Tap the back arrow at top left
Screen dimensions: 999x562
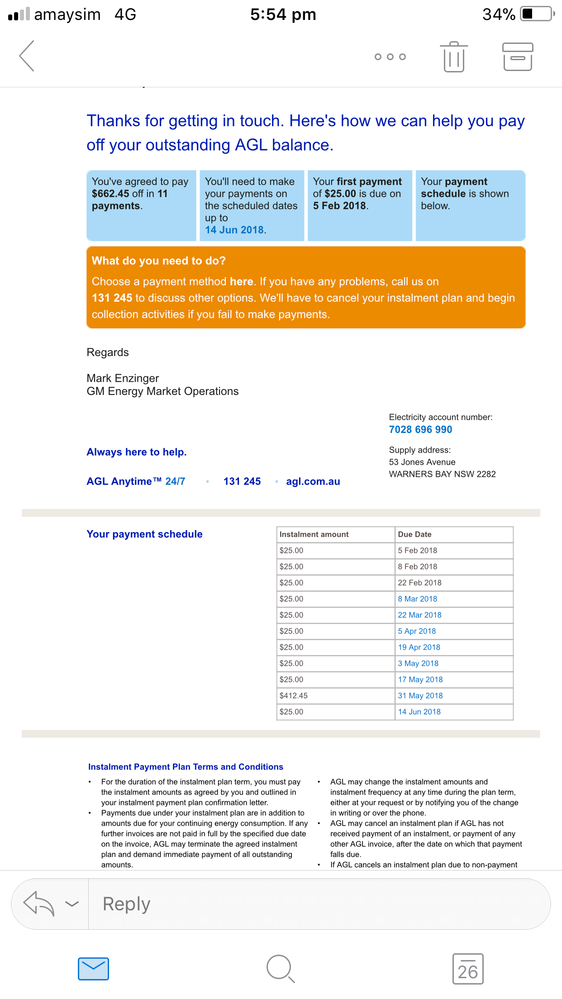[27, 56]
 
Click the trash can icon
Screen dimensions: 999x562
[453, 56]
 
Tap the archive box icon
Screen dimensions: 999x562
[518, 56]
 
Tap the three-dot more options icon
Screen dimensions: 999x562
[390, 57]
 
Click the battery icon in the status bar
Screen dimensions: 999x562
[536, 15]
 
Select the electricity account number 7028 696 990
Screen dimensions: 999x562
[420, 429]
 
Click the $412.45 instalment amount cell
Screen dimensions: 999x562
[294, 695]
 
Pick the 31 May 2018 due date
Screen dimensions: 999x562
[420, 695]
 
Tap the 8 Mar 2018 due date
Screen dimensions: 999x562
[417, 599]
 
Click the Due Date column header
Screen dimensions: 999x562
[415, 534]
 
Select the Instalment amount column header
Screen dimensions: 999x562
[314, 534]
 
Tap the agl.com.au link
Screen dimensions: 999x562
[313, 481]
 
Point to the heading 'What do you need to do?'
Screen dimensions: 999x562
[158, 261]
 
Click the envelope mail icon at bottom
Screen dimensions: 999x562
[93, 968]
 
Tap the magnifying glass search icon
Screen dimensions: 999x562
[280, 968]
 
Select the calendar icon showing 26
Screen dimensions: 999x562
[467, 968]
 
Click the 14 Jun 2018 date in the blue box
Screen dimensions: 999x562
[235, 230]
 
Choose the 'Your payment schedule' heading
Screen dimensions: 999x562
[144, 534]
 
